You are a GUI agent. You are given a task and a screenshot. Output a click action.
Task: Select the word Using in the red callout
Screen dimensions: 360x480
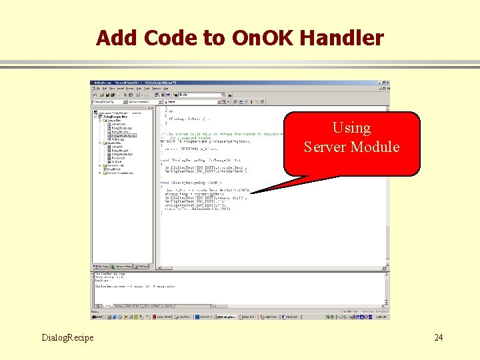click(351, 127)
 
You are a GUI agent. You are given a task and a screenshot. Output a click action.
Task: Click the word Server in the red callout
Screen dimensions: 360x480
click(327, 147)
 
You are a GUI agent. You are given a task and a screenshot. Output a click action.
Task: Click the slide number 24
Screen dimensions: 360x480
click(438, 337)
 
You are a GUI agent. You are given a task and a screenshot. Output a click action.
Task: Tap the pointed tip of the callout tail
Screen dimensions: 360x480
click(251, 193)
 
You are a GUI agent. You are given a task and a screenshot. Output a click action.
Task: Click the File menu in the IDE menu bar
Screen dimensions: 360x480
click(99, 88)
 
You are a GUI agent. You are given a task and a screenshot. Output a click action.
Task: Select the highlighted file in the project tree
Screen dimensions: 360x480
click(121, 135)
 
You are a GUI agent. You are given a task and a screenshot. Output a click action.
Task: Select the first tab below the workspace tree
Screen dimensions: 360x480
click(102, 266)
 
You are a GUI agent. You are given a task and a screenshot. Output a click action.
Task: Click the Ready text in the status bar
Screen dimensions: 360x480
click(96, 311)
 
